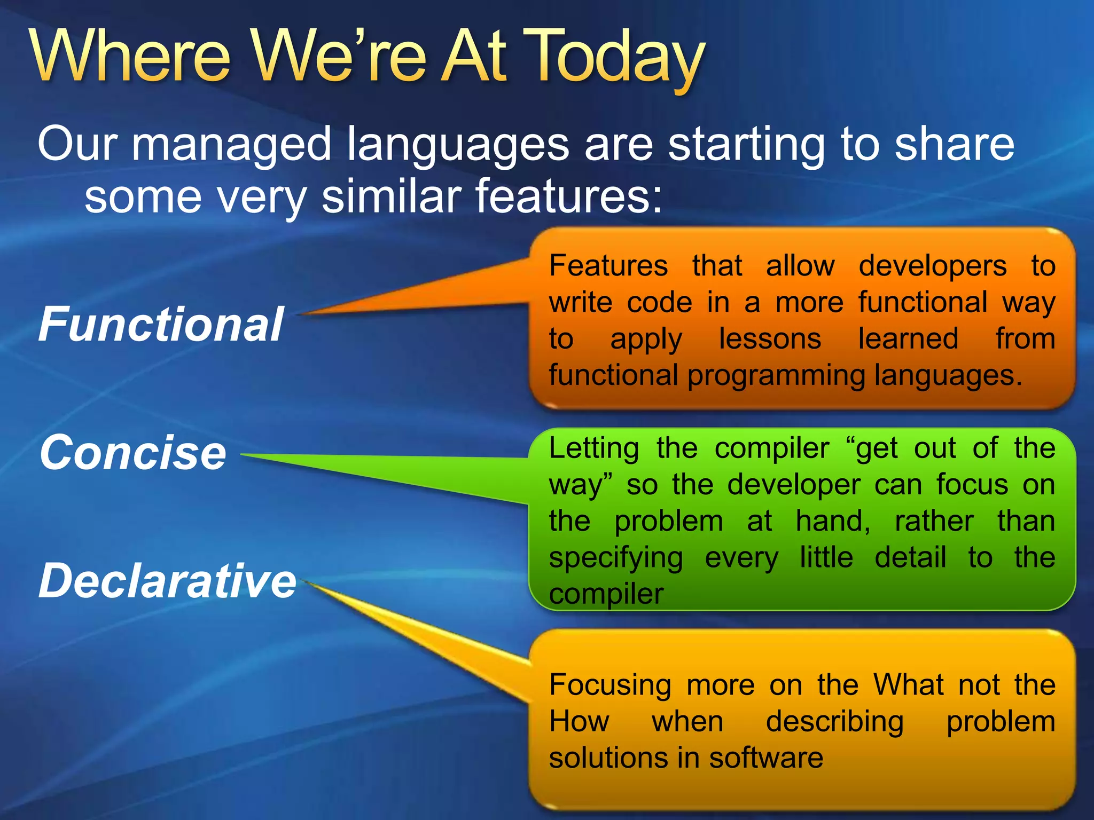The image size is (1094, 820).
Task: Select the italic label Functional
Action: [161, 324]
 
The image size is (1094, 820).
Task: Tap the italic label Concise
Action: [133, 453]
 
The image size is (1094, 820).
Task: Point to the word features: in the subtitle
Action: [568, 196]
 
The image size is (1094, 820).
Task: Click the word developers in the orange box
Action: [932, 265]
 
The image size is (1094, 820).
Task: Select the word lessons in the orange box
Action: [770, 338]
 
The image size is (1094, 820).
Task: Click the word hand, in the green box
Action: [833, 521]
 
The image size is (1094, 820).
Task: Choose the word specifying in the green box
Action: [615, 558]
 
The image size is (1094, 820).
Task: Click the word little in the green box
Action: [826, 557]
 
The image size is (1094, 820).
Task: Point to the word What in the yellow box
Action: [909, 684]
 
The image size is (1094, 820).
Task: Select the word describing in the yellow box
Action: [834, 722]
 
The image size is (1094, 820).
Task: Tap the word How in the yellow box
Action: [579, 721]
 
